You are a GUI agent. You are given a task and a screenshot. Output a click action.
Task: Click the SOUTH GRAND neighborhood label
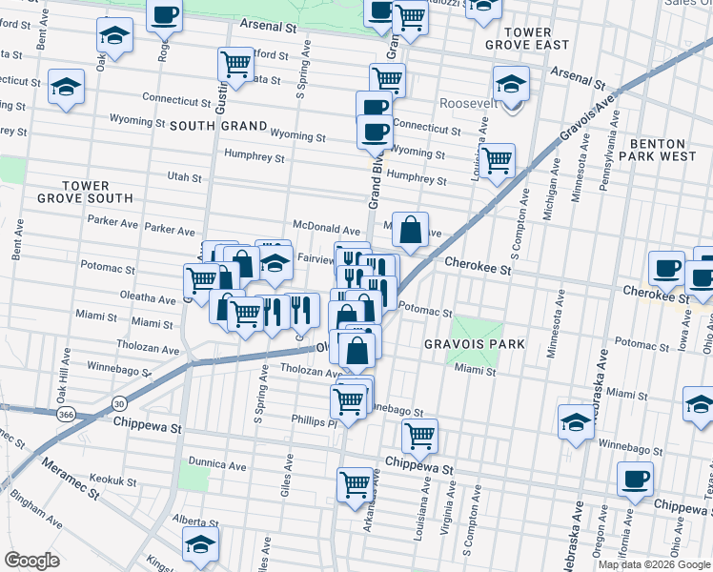point(218,125)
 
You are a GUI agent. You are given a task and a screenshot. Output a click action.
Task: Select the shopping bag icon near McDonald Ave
point(410,230)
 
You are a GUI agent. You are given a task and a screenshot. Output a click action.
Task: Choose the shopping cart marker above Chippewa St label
point(419,437)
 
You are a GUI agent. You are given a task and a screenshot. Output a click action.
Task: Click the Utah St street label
point(184,177)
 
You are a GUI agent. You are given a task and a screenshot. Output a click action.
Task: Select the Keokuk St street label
point(112,480)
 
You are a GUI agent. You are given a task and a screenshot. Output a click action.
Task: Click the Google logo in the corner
point(31,561)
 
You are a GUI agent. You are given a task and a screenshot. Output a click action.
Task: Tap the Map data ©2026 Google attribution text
point(655,564)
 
